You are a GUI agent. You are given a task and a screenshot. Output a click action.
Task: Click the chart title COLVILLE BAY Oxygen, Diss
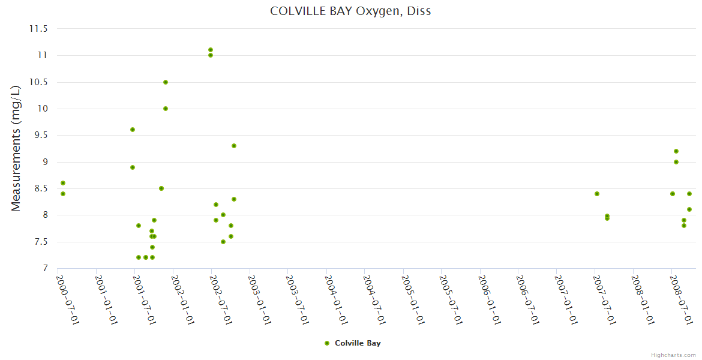pyautogui.click(x=350, y=11)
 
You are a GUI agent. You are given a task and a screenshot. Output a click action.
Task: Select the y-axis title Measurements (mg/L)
pyautogui.click(x=16, y=148)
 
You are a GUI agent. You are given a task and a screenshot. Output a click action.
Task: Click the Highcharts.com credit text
pyautogui.click(x=673, y=355)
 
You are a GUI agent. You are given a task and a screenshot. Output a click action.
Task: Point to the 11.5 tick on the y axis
pyautogui.click(x=40, y=29)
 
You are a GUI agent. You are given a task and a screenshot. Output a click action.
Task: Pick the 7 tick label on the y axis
pyautogui.click(x=45, y=268)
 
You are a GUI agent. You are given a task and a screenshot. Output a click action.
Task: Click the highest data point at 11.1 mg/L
pyautogui.click(x=211, y=50)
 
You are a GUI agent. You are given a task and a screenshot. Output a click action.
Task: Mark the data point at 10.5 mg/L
pyautogui.click(x=166, y=82)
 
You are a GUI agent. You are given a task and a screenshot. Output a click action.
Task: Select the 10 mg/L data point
pyautogui.click(x=166, y=109)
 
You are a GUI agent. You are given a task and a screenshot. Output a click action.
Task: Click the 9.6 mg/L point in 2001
pyautogui.click(x=133, y=130)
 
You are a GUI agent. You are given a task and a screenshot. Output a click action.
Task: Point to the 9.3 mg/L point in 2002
pyautogui.click(x=234, y=146)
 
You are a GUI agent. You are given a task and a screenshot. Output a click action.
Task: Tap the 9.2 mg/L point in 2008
pyautogui.click(x=676, y=151)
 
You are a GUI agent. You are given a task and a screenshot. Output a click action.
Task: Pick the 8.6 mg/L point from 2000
pyautogui.click(x=63, y=183)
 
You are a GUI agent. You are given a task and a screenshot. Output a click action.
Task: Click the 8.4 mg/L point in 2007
pyautogui.click(x=597, y=194)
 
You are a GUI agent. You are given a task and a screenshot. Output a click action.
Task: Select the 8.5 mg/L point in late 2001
pyautogui.click(x=161, y=188)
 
